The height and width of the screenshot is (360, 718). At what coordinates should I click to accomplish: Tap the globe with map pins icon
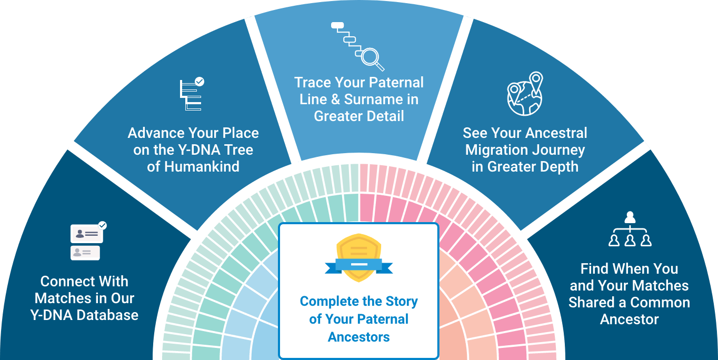pyautogui.click(x=525, y=94)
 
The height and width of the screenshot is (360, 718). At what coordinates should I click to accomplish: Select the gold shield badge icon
pyautogui.click(x=358, y=258)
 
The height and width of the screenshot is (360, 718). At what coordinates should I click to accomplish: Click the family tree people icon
pyautogui.click(x=630, y=229)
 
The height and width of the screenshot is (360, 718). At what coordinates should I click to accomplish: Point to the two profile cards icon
pyautogui.click(x=88, y=241)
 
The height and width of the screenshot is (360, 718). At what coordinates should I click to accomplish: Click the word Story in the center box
pyautogui.click(x=402, y=302)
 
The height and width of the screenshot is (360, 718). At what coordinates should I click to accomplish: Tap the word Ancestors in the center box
pyautogui.click(x=358, y=337)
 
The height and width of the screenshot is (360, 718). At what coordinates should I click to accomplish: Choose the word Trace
pyautogui.click(x=313, y=83)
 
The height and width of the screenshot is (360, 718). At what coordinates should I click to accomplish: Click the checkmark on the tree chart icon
pyautogui.click(x=200, y=82)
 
